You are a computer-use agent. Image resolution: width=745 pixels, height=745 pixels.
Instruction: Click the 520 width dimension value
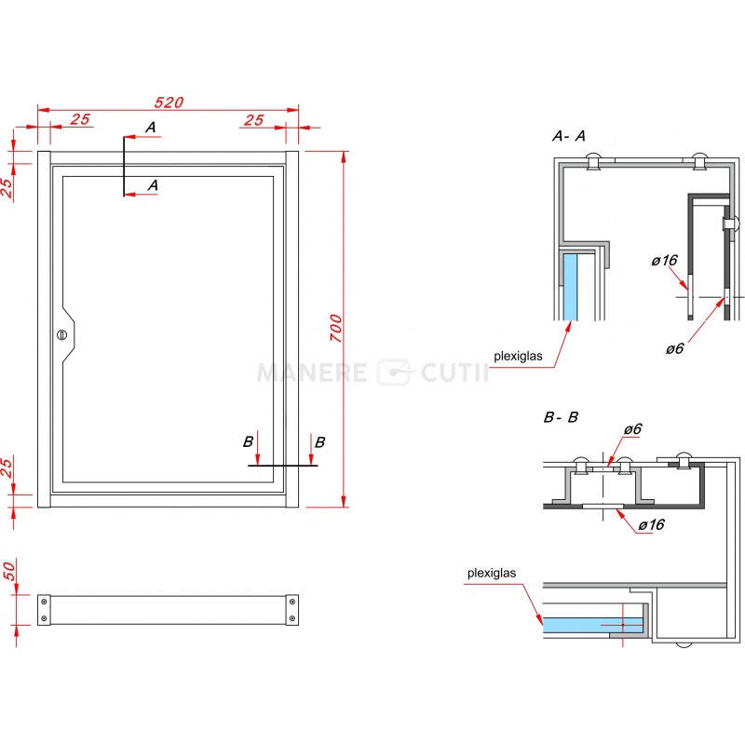(x=169, y=102)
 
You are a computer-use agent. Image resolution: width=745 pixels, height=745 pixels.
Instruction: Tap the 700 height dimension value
(x=336, y=328)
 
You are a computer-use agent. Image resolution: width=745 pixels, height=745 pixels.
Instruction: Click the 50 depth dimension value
(x=9, y=570)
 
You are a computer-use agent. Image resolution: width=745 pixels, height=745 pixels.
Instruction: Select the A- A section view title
(x=568, y=136)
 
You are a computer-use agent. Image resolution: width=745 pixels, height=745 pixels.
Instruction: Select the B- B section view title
(x=561, y=417)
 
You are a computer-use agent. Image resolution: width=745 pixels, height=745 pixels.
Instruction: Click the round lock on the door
(x=61, y=335)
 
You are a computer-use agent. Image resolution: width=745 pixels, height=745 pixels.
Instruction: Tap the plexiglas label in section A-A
(x=518, y=356)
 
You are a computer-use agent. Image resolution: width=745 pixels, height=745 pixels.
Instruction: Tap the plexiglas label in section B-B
(x=492, y=573)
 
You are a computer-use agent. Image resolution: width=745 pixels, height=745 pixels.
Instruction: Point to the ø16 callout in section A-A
(x=664, y=261)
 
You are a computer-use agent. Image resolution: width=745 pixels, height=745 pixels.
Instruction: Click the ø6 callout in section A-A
(x=674, y=348)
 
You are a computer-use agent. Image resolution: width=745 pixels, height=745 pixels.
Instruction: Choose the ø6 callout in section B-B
(x=633, y=429)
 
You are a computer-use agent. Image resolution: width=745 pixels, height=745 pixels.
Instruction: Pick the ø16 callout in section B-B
(x=651, y=524)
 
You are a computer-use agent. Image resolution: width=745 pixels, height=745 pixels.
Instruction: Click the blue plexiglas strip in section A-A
(x=570, y=287)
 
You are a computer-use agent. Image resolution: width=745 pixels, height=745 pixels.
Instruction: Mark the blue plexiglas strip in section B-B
(x=592, y=625)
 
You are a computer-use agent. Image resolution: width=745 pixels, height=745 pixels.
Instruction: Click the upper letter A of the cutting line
(x=151, y=128)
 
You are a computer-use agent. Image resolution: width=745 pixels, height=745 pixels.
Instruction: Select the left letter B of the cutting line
(x=248, y=441)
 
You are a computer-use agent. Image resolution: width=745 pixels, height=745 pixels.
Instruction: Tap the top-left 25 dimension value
(x=80, y=119)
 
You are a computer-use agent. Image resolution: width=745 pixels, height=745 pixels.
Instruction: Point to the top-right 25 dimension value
(x=253, y=120)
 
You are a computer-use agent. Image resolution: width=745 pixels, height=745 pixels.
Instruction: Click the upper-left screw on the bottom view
(x=44, y=602)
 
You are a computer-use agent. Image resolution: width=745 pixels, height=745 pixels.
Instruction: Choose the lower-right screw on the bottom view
(x=292, y=618)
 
